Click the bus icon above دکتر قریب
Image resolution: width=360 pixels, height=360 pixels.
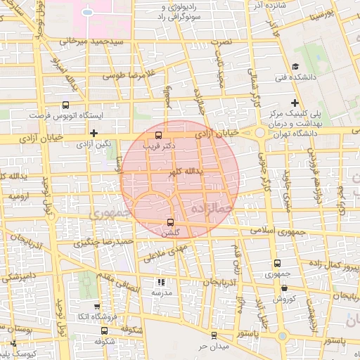pos(158,134)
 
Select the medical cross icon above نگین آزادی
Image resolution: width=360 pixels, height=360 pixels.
pos(94,132)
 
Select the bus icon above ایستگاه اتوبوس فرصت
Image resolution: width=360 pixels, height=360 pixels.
pos(65,103)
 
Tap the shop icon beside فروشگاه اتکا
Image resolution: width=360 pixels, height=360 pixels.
pos(97,307)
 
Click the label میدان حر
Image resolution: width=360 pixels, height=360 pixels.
pos(213,346)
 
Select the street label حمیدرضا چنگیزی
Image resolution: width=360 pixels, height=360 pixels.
pos(112,243)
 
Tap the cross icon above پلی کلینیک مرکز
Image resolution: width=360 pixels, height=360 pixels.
pos(295,103)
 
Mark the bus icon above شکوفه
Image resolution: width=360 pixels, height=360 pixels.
pos(104,330)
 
